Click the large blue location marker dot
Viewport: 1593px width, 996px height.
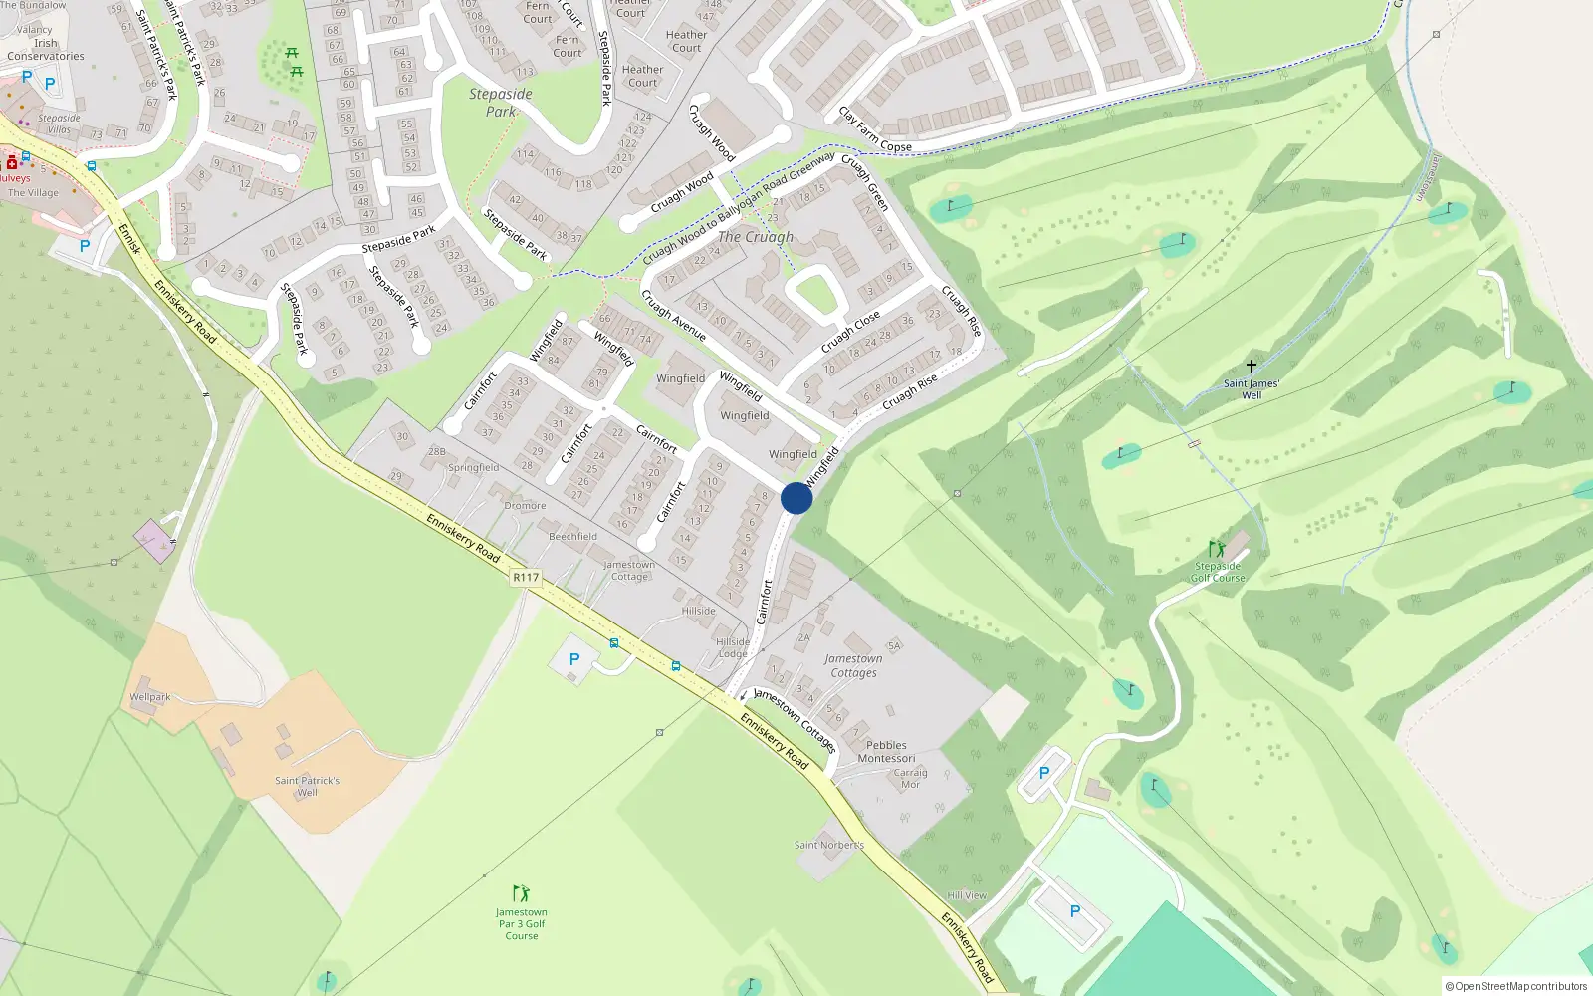[x=796, y=498]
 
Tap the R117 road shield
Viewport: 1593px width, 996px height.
[x=525, y=578]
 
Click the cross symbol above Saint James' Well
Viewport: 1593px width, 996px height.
[x=1252, y=367]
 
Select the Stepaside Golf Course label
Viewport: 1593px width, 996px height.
[x=1218, y=572]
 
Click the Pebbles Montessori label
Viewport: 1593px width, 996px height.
[x=886, y=751]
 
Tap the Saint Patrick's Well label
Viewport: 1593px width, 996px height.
[x=307, y=787]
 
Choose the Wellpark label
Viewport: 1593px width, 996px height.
[x=150, y=697]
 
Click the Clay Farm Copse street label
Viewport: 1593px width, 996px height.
[x=874, y=130]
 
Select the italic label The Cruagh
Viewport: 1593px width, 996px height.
[x=756, y=237]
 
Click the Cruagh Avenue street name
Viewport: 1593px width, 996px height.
[x=673, y=316]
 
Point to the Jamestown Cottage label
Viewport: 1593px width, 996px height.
[x=629, y=570]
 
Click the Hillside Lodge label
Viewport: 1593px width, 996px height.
[x=733, y=647]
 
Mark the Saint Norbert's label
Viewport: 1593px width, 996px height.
[x=829, y=845]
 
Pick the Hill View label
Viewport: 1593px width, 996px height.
[x=967, y=895]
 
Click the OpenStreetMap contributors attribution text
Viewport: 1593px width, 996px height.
[x=1520, y=986]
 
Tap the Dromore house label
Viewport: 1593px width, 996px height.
[x=525, y=506]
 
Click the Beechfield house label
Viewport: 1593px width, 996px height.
[x=573, y=536]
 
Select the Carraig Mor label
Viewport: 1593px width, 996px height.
[x=910, y=778]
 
